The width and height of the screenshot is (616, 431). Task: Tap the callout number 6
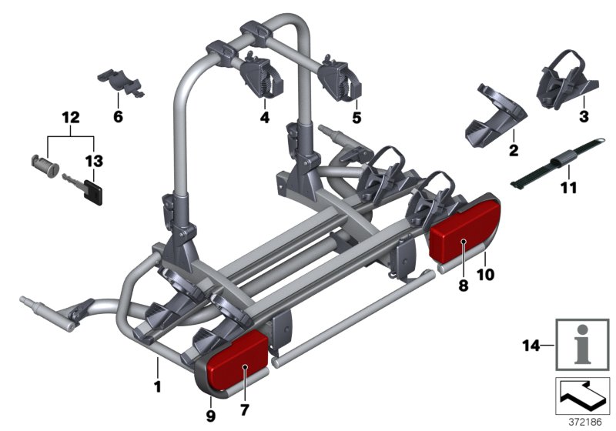tap(118, 117)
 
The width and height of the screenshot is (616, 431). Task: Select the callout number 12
tap(71, 118)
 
